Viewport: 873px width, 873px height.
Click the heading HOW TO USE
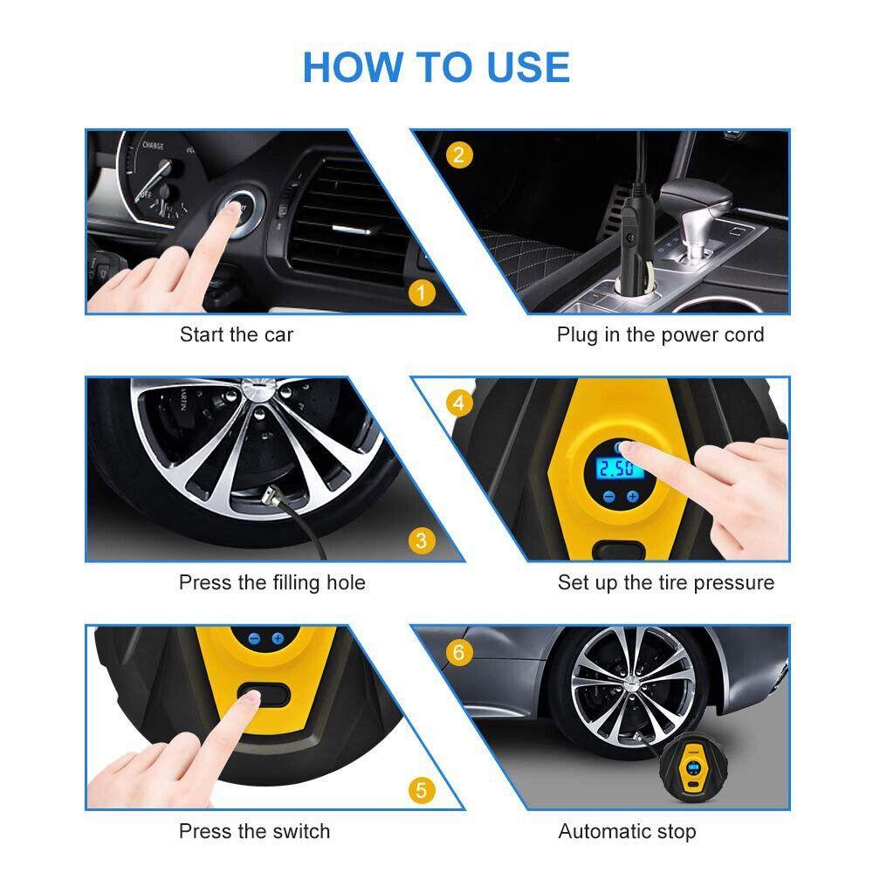click(x=436, y=67)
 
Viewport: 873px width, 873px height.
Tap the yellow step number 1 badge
click(x=422, y=292)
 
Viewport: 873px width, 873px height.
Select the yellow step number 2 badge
click(x=459, y=155)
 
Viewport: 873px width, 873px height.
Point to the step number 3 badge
click(x=422, y=540)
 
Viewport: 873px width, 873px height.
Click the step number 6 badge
click(x=459, y=651)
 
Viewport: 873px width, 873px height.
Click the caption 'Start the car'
click(x=236, y=334)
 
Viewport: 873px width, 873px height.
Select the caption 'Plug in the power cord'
click(x=660, y=335)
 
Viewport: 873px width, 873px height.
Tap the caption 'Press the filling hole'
click(x=272, y=583)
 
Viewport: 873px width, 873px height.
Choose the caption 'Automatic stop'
click(x=627, y=831)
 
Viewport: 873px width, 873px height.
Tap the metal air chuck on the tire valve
click(x=272, y=496)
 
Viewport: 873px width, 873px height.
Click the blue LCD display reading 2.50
click(x=616, y=469)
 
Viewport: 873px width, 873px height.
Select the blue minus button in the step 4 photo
click(x=609, y=497)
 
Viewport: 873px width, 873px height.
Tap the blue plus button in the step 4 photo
click(x=632, y=497)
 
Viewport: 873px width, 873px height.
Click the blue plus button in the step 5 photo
click(x=278, y=639)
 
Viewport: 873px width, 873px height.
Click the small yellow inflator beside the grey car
click(x=694, y=767)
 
